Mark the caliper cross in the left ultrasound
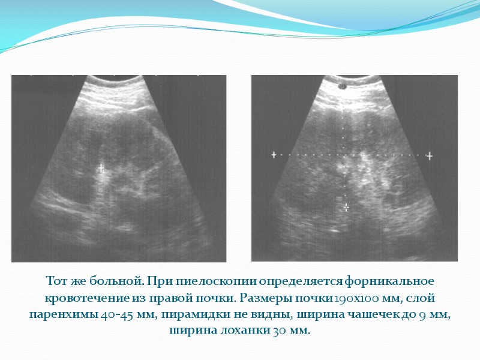coord(101,167)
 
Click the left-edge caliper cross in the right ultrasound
coord(274,155)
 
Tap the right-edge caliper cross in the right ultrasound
coord(430,155)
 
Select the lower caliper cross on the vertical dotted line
coord(346,207)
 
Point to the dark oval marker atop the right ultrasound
coord(343,86)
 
